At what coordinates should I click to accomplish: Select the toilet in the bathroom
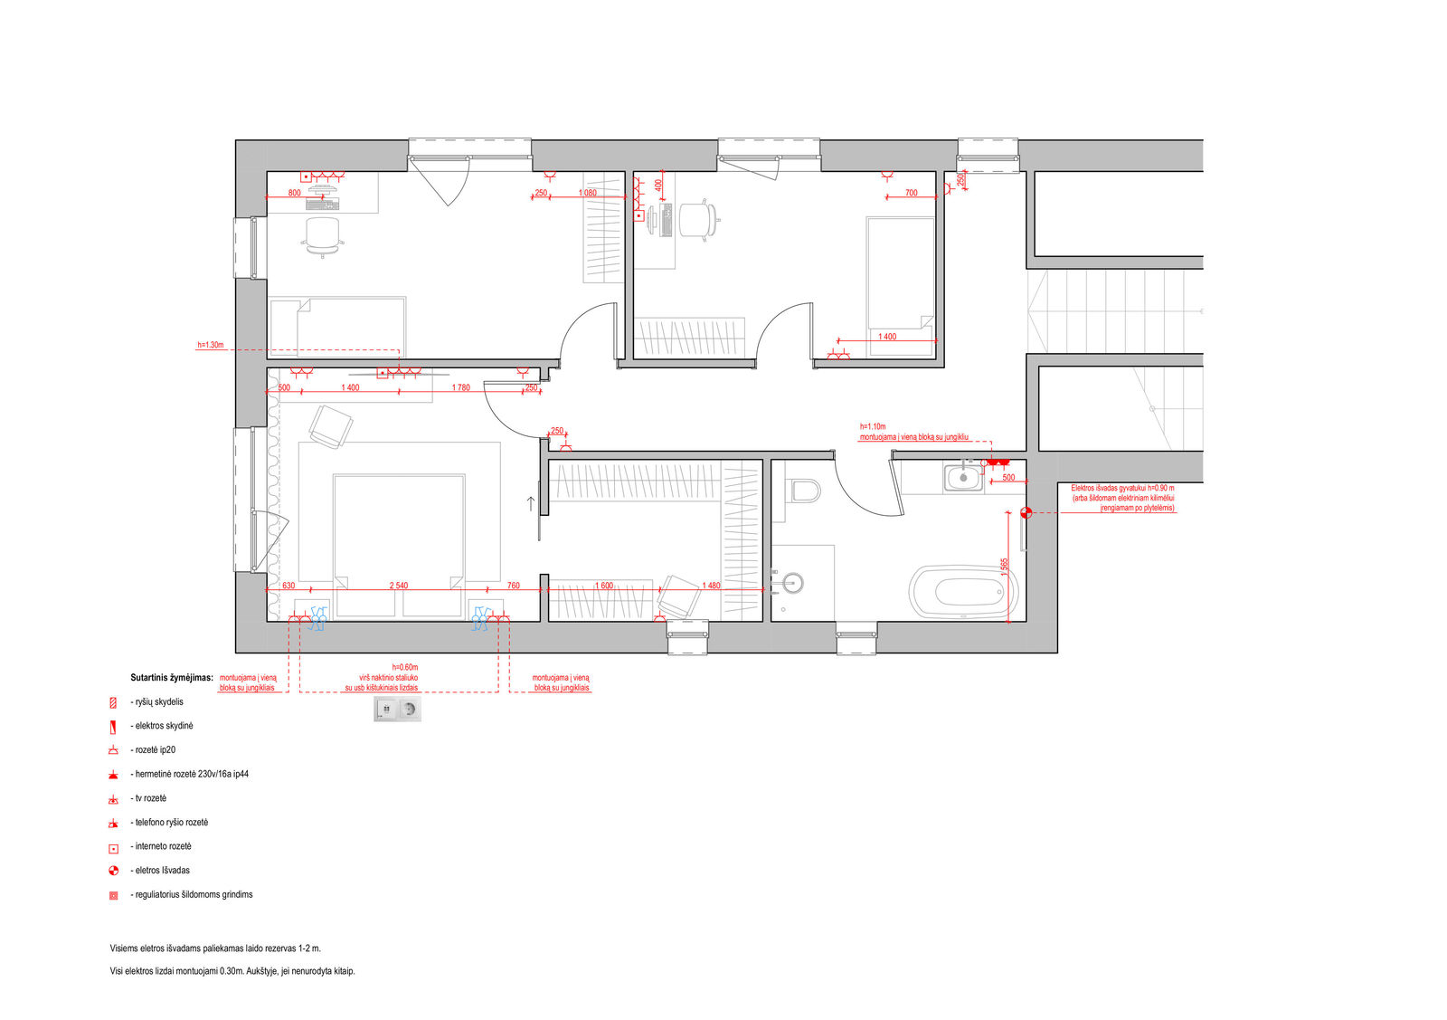click(802, 491)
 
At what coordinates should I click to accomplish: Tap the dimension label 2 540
click(399, 586)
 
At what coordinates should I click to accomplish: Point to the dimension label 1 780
click(460, 388)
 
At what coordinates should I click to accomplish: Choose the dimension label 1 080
click(587, 194)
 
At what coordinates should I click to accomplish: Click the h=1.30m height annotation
click(211, 345)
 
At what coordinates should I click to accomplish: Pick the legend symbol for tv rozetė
click(114, 799)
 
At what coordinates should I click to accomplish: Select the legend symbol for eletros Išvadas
click(114, 871)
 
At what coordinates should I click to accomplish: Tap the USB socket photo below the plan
click(397, 709)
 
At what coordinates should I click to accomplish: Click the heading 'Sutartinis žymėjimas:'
click(172, 678)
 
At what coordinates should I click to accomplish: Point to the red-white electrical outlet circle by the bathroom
click(1026, 512)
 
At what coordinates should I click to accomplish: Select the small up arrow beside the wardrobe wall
click(531, 503)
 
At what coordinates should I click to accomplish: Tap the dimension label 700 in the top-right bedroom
click(911, 193)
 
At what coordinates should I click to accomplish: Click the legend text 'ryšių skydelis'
click(159, 702)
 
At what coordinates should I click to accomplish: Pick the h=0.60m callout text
click(405, 667)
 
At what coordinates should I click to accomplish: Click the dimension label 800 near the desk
click(294, 194)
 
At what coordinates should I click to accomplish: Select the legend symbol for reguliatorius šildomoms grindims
click(114, 895)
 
